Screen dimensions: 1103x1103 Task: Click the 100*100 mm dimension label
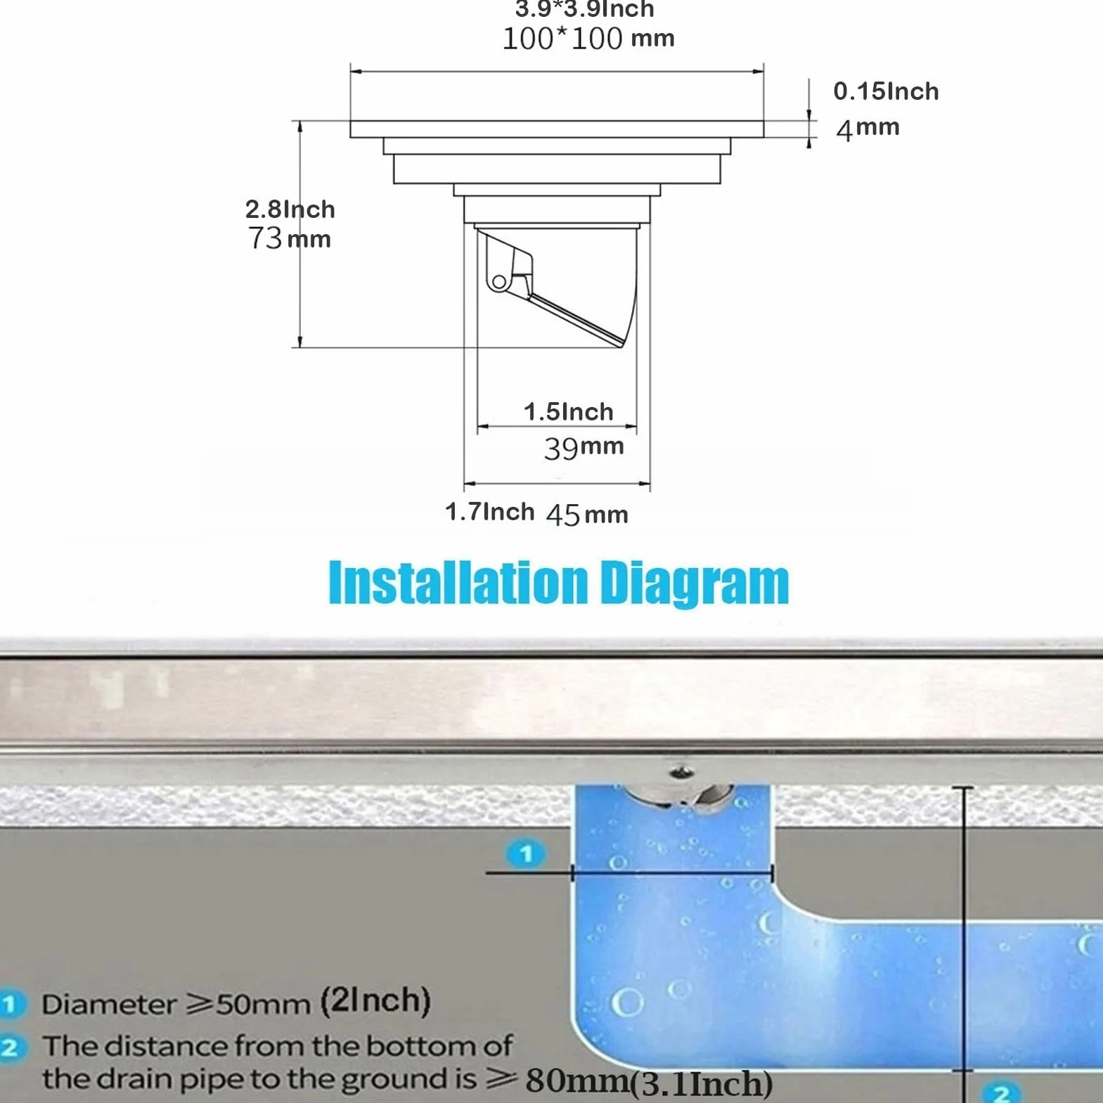(x=588, y=38)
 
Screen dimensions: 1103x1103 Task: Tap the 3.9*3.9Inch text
(x=585, y=9)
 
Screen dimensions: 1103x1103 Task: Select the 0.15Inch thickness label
(x=886, y=91)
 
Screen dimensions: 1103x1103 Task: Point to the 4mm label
(x=867, y=129)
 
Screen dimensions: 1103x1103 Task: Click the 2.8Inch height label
(x=290, y=209)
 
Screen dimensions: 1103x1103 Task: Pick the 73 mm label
(x=289, y=238)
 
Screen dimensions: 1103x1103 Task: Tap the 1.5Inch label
(x=568, y=411)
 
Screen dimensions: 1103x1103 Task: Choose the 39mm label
(x=583, y=447)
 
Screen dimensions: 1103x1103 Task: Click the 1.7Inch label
(x=489, y=511)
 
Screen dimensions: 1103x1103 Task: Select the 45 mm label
(x=587, y=515)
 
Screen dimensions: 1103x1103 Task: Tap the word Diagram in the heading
(x=695, y=584)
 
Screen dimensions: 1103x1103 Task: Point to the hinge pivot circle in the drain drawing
(x=498, y=282)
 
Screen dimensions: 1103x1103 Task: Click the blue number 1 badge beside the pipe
(x=525, y=854)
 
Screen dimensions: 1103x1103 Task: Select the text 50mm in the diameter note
(x=263, y=1004)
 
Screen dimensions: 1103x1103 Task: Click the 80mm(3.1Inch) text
(x=649, y=1082)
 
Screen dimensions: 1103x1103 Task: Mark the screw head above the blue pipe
(x=680, y=773)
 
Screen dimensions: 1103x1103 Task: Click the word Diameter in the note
(x=109, y=1004)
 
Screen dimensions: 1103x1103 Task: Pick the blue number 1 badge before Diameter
(x=10, y=1004)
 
